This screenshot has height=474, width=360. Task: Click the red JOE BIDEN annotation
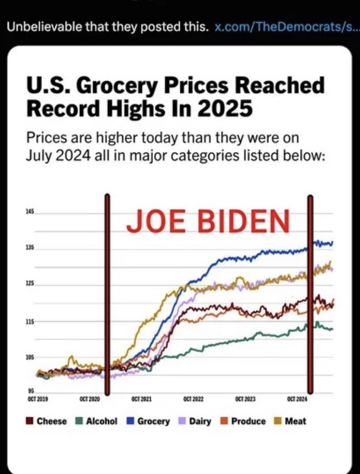(208, 221)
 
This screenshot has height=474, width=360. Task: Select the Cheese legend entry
(47, 421)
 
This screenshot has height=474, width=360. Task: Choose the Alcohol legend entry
(97, 421)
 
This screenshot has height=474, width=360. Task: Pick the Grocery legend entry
(148, 421)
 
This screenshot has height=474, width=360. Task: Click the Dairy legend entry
(196, 421)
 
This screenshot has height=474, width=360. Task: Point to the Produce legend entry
(244, 421)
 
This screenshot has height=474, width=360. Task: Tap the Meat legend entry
(290, 421)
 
